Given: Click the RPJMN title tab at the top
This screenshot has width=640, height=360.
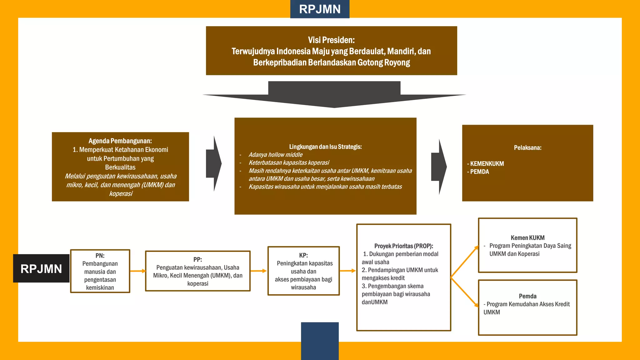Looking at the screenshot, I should pos(320,9).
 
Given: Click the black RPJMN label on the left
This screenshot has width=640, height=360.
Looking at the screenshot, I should pos(41,268).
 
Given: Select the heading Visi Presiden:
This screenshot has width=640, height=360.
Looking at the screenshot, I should pos(331,40).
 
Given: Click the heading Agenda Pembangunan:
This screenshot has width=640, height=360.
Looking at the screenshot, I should pos(120,141).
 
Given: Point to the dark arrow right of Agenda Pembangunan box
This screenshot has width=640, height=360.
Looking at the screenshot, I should pos(214,163).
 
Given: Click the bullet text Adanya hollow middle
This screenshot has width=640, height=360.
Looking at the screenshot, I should pos(275,155).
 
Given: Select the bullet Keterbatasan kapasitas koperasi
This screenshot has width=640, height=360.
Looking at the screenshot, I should pos(289,163).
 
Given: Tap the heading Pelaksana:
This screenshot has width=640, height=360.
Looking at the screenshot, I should pos(527,148).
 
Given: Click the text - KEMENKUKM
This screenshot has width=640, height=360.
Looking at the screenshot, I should pos(486,164).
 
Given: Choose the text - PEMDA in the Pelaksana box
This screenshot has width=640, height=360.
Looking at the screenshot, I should pos(478,172).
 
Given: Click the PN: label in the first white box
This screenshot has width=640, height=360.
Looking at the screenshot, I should pos(100,256).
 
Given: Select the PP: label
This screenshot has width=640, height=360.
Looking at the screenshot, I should pos(197,259).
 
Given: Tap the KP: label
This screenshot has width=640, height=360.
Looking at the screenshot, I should pos(303,255).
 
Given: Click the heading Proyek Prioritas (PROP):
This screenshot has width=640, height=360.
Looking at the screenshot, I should pos(403,246).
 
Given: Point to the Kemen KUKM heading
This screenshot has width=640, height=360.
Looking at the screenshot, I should pos(527,238).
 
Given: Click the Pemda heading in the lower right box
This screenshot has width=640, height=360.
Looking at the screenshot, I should pos(527,296).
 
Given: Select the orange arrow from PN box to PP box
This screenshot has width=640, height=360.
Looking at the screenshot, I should pos(138,271).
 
